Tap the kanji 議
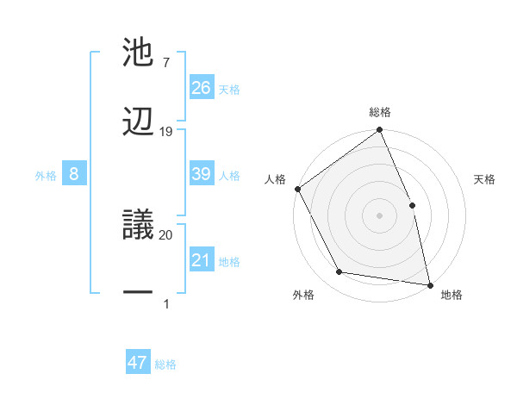pos(139,224)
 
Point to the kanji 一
pos(139,293)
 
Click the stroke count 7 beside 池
pos(165,63)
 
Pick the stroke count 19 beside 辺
pos(166,131)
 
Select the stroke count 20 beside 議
pos(166,234)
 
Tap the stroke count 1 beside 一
pos(165,303)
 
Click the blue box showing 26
pos(202,87)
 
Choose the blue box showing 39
pos(202,174)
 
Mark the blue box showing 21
pos(202,260)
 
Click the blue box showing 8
pos(74,174)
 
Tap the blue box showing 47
pos(138,363)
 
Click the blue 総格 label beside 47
pos(165,364)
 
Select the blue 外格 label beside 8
pos(46,176)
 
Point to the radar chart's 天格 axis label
pos(485,179)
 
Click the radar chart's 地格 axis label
pos(452,295)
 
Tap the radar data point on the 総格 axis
pos(379,131)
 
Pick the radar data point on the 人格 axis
pos(297,189)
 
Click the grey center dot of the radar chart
pos(379,215)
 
